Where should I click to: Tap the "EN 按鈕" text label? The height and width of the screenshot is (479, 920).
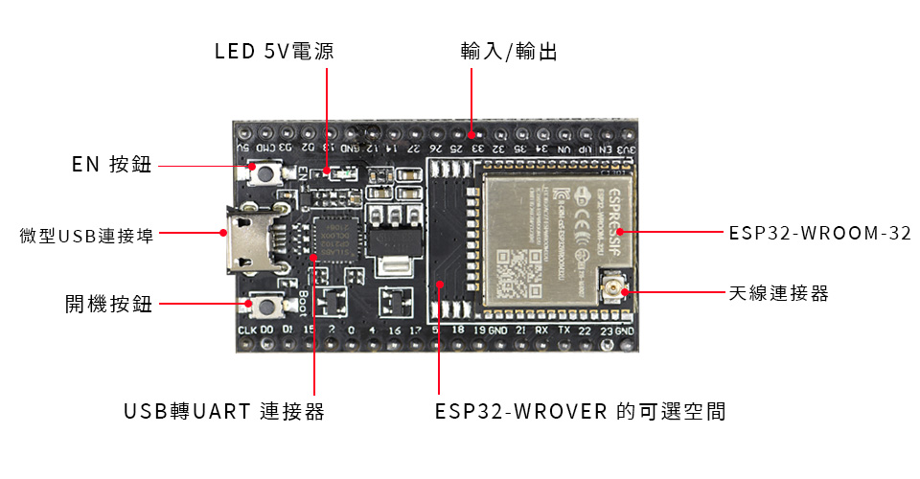coord(111,165)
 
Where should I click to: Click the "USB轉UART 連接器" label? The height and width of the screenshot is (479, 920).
coord(224,412)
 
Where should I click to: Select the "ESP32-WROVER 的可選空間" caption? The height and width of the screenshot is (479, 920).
coord(580,412)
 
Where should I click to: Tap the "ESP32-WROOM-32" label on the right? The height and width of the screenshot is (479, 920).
coord(819,233)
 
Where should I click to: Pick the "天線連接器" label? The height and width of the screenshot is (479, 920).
coord(778,293)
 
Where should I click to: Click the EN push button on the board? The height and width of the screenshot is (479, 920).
coord(263,172)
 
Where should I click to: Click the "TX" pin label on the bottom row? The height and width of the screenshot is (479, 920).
coord(563,330)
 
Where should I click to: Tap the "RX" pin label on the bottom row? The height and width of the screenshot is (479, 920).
coord(541,330)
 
